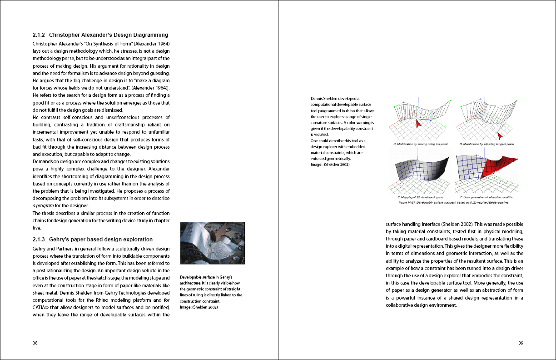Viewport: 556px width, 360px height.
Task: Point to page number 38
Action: pos(35,343)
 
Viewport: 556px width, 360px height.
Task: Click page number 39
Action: pos(521,343)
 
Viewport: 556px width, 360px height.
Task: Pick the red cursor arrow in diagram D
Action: pos(501,135)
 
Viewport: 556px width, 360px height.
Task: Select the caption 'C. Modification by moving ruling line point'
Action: pos(421,144)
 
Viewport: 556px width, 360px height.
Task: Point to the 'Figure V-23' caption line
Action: pos(453,202)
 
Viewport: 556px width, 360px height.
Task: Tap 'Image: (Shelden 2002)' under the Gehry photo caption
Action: pos(199,307)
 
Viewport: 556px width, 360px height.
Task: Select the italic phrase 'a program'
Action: pos(43,205)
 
